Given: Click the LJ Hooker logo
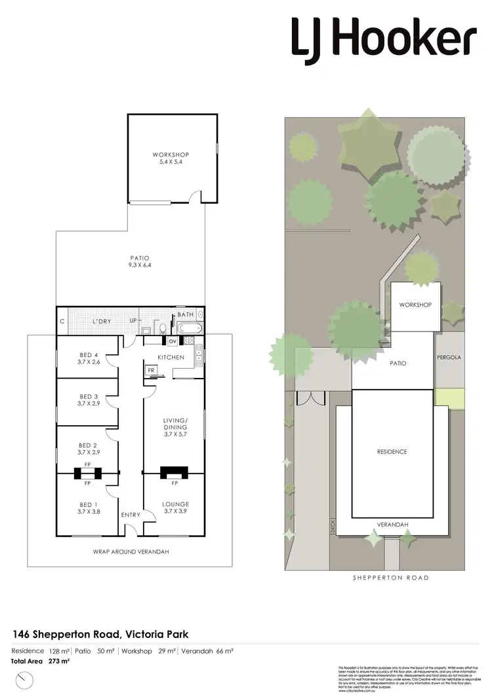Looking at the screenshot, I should pyautogui.click(x=384, y=37).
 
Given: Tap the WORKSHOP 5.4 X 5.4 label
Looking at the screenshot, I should pyautogui.click(x=171, y=158).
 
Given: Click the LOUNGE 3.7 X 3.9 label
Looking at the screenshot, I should pyautogui.click(x=176, y=507).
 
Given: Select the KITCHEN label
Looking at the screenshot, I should pyautogui.click(x=171, y=357).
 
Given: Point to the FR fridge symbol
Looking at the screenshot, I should pyautogui.click(x=151, y=370).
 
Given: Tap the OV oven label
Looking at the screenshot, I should pyautogui.click(x=173, y=341).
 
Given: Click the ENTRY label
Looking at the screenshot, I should pyautogui.click(x=131, y=515).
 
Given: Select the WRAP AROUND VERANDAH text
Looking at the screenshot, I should pyautogui.click(x=131, y=552).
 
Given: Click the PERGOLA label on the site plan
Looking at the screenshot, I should pyautogui.click(x=449, y=358).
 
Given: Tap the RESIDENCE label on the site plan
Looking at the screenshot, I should pyautogui.click(x=392, y=452).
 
